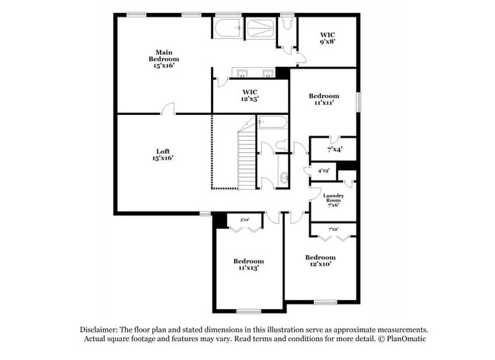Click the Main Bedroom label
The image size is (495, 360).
click(x=164, y=59)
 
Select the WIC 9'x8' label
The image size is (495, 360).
click(x=327, y=38)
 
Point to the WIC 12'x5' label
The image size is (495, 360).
click(x=249, y=95)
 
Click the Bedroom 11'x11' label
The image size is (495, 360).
click(x=324, y=100)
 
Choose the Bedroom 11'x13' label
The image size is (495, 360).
click(x=248, y=264)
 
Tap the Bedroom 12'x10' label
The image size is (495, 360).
click(x=320, y=261)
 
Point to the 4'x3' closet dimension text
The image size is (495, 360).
click(x=323, y=171)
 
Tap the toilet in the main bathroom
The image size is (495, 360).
click(x=286, y=24)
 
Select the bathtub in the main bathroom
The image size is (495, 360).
click(x=227, y=30)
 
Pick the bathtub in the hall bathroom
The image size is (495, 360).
click(x=272, y=123)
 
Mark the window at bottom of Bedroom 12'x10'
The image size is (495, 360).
click(x=325, y=302)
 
